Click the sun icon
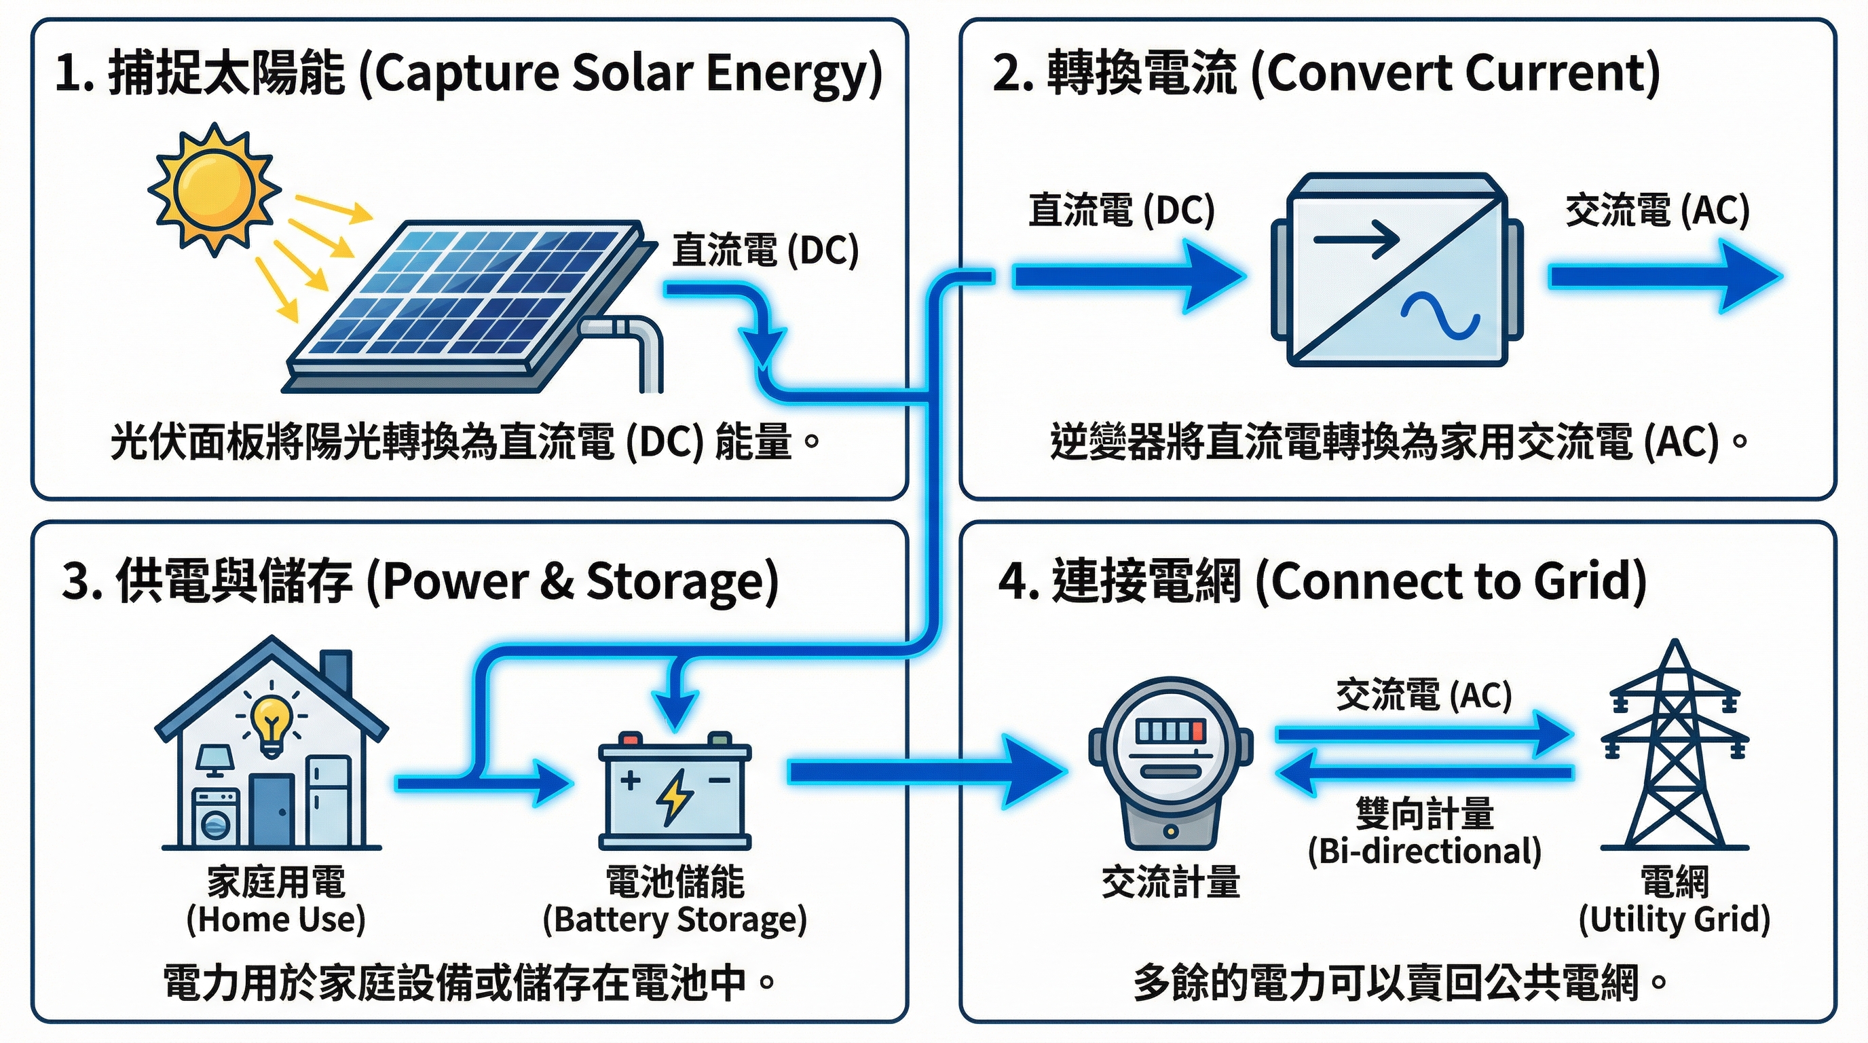tap(214, 189)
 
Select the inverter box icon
tap(1397, 270)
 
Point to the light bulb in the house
tap(272, 721)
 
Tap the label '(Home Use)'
tap(276, 919)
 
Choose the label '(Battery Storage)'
tap(675, 919)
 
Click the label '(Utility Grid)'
tap(1675, 919)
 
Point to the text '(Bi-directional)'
tap(1424, 852)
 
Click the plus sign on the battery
tap(629, 780)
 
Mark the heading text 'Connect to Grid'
tap(1451, 582)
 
